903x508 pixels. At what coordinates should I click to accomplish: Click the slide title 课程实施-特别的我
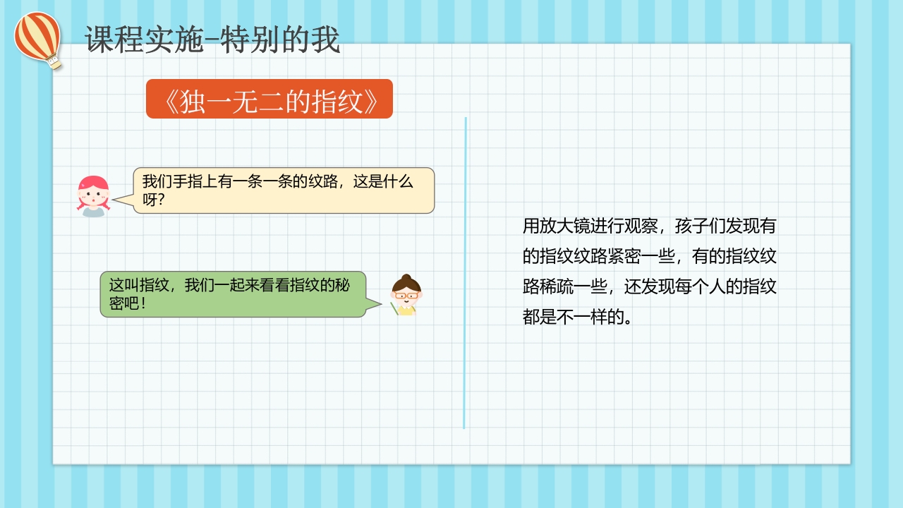212,40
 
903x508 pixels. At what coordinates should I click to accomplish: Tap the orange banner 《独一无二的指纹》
269,99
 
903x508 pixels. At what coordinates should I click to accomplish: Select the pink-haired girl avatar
93,195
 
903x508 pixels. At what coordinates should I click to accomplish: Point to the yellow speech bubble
284,190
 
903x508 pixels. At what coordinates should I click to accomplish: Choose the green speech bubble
233,294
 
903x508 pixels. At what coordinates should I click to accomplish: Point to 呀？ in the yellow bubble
153,200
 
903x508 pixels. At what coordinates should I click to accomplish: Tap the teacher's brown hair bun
406,277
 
